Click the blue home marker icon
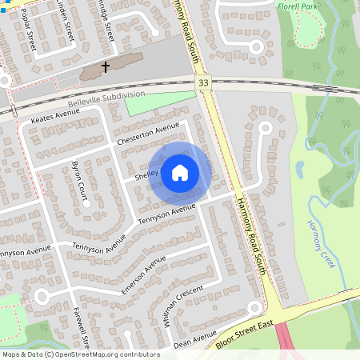coord(180,172)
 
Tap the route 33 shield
coord(204,82)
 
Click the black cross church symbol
coord(105,68)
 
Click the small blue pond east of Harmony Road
coord(299,170)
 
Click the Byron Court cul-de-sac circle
coord(87,203)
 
